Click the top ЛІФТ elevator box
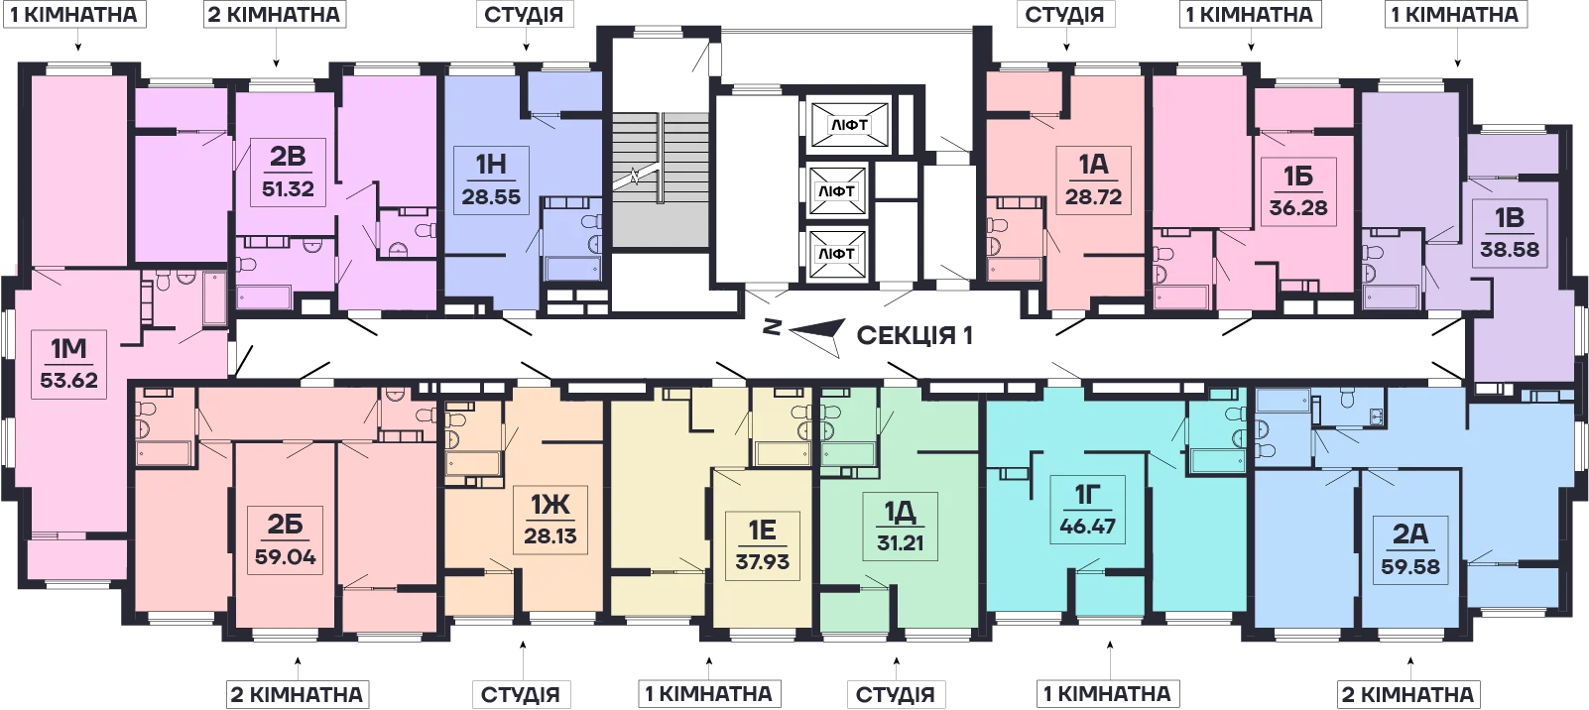[x=849, y=126]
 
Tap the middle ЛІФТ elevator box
[x=837, y=191]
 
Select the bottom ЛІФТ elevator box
[x=837, y=254]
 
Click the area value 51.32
[x=288, y=189]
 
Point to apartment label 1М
[x=68, y=349]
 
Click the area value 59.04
[x=285, y=556]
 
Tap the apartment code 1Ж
[x=550, y=505]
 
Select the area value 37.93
[x=762, y=562]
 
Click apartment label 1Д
[x=901, y=511]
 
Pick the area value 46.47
[x=1087, y=527]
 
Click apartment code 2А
[x=1409, y=534]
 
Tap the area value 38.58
[x=1510, y=250]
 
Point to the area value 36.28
[x=1298, y=208]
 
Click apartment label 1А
[x=1093, y=165]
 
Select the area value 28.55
[x=491, y=196]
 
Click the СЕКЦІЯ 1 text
[x=915, y=335]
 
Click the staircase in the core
[x=661, y=179]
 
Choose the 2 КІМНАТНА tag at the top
[x=274, y=14]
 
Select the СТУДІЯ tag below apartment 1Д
[x=896, y=694]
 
